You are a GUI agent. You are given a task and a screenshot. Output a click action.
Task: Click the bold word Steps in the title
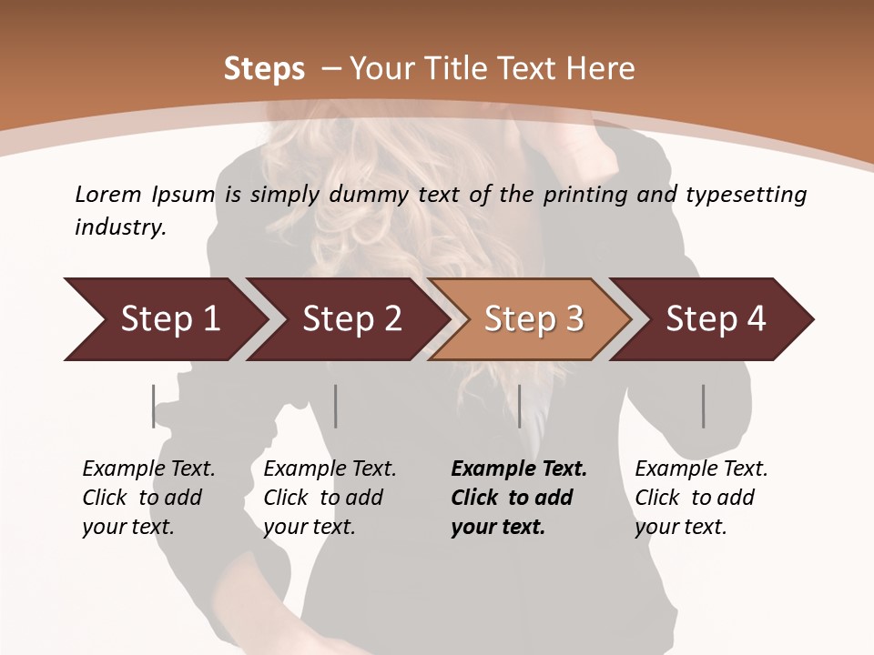point(264,69)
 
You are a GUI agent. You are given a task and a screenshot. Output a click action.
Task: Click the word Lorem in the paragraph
point(108,194)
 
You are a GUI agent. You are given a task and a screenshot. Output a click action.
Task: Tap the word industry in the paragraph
point(119,227)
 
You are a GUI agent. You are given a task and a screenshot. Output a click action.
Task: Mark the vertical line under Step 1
point(153,406)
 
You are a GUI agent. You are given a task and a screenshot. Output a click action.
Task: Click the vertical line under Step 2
point(336,406)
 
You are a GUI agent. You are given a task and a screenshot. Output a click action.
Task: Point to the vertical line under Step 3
point(519,406)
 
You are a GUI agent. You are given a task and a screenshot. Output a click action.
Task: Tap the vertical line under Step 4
point(703,406)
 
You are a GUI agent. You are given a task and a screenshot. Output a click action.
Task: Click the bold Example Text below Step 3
point(519,469)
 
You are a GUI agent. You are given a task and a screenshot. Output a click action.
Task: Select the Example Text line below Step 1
point(148,469)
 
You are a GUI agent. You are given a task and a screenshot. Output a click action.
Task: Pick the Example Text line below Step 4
point(701,469)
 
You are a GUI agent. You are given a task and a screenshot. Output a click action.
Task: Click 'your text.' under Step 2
point(309,527)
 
